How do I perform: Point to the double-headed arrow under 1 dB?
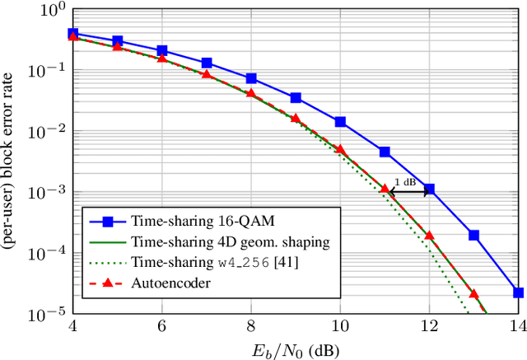pyautogui.click(x=407, y=191)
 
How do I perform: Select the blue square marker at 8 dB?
pyautogui.click(x=251, y=78)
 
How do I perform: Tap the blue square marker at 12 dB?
pyautogui.click(x=429, y=189)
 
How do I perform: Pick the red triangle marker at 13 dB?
pyautogui.click(x=473, y=292)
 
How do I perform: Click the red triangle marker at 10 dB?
pyautogui.click(x=340, y=148)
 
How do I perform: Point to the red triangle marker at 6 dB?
pyautogui.click(x=162, y=58)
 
